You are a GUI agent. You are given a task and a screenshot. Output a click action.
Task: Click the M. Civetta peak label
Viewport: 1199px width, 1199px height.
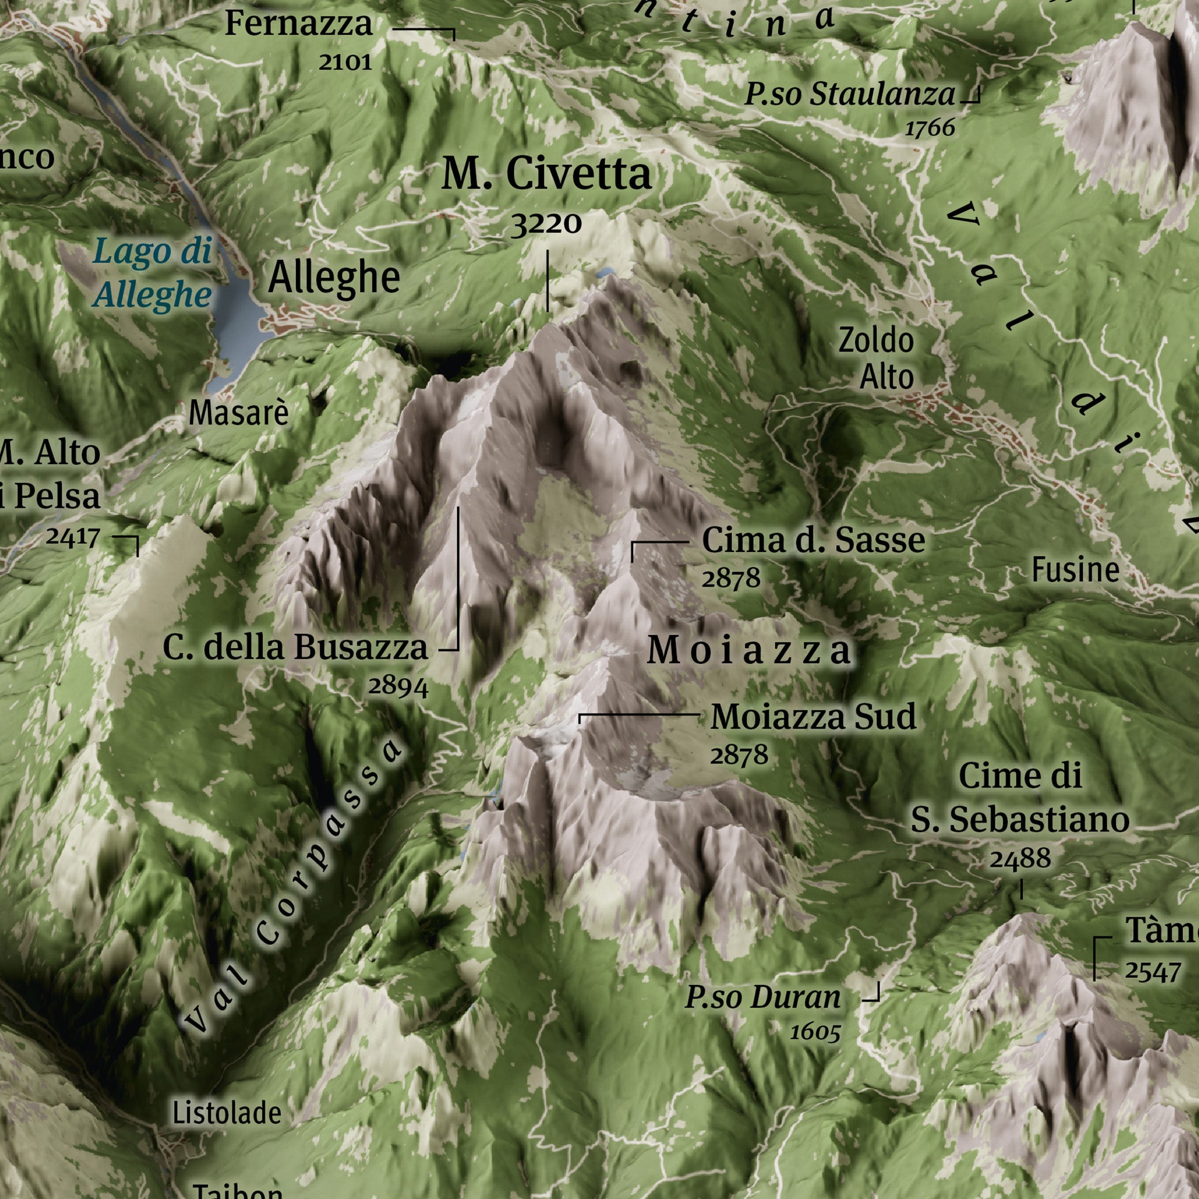[x=546, y=174]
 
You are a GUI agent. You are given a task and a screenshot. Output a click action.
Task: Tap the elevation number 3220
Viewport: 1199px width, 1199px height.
[x=546, y=224]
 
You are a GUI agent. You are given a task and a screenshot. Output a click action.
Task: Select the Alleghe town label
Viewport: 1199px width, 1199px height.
[x=334, y=278]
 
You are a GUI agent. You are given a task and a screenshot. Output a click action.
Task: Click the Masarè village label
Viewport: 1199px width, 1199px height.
[x=239, y=413]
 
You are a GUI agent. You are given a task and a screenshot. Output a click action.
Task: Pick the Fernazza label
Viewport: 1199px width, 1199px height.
[x=299, y=24]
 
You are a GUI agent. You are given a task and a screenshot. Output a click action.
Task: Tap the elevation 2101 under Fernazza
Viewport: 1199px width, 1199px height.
[x=345, y=62]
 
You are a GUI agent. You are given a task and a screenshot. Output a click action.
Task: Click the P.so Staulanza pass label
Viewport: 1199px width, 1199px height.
[x=850, y=95]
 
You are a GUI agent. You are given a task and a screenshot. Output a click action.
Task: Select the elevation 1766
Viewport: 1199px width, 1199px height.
[x=930, y=128]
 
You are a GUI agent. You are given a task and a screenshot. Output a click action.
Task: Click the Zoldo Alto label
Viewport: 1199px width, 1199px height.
[x=877, y=358]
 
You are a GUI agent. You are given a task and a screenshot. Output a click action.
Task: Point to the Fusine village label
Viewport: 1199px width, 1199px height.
[x=1075, y=570]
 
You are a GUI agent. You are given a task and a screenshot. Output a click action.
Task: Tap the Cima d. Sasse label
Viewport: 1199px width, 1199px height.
[x=813, y=540]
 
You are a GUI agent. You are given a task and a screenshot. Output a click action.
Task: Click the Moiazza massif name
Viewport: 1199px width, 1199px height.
[x=749, y=651]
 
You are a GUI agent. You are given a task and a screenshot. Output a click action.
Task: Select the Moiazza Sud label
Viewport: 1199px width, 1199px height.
[x=813, y=717]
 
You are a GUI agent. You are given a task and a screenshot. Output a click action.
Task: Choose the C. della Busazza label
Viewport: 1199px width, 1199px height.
[x=295, y=648]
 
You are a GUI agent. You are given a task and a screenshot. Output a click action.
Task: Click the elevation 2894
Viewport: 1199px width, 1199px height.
[x=398, y=686]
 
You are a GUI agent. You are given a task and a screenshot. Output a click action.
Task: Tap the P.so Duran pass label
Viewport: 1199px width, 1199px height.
[x=763, y=997]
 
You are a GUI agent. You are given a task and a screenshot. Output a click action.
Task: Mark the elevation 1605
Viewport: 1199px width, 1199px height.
[x=815, y=1032]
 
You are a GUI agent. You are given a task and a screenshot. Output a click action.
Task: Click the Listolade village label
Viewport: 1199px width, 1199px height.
[x=227, y=1113]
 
